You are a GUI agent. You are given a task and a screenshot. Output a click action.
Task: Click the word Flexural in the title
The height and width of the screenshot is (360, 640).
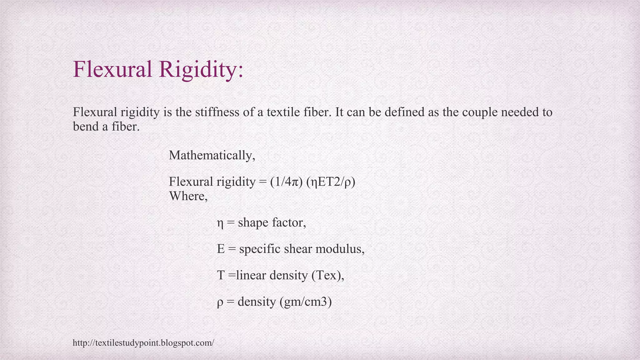[x=112, y=69]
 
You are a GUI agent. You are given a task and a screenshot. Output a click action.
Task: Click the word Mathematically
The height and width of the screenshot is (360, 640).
[x=212, y=155]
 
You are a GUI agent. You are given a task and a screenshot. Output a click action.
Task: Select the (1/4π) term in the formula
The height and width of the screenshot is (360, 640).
[x=286, y=182]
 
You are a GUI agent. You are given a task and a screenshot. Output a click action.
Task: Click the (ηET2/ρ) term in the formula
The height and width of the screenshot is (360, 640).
[x=331, y=182]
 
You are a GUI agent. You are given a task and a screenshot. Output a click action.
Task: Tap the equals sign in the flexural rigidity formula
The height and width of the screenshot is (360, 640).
[x=262, y=182]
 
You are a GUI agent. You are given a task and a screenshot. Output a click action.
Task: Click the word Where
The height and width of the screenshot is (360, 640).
[x=188, y=196]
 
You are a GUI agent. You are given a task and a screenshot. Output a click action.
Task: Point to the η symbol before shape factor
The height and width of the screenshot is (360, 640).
[x=220, y=223]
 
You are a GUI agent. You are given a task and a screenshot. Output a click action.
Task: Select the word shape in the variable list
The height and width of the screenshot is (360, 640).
[x=253, y=223]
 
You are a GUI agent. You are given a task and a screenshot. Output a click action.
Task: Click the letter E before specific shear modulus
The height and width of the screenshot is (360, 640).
[x=221, y=249]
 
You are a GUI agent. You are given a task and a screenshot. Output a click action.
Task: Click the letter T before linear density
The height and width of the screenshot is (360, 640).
[x=221, y=275]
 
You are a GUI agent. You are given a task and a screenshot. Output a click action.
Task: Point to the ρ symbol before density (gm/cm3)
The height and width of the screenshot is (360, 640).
[x=220, y=302]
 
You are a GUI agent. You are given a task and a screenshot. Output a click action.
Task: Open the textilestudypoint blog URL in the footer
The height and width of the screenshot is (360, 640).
[x=143, y=343]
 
